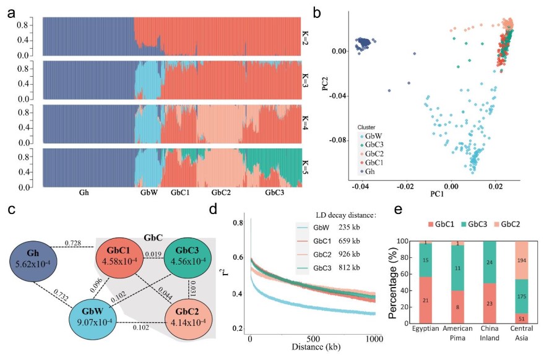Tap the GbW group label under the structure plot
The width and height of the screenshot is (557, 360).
tap(149, 193)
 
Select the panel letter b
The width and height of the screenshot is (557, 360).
tap(317, 11)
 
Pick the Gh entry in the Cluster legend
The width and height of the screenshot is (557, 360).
tap(369, 171)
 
